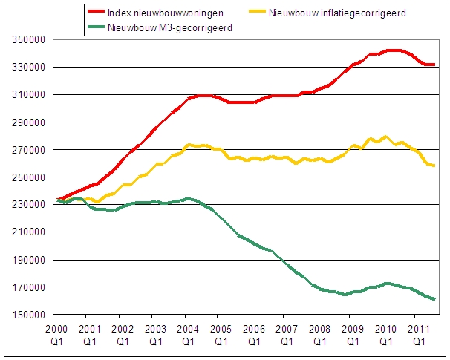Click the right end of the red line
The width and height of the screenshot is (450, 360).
click(434, 65)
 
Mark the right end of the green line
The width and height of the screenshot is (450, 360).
click(434, 299)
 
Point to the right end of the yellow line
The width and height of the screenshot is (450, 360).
click(434, 166)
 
